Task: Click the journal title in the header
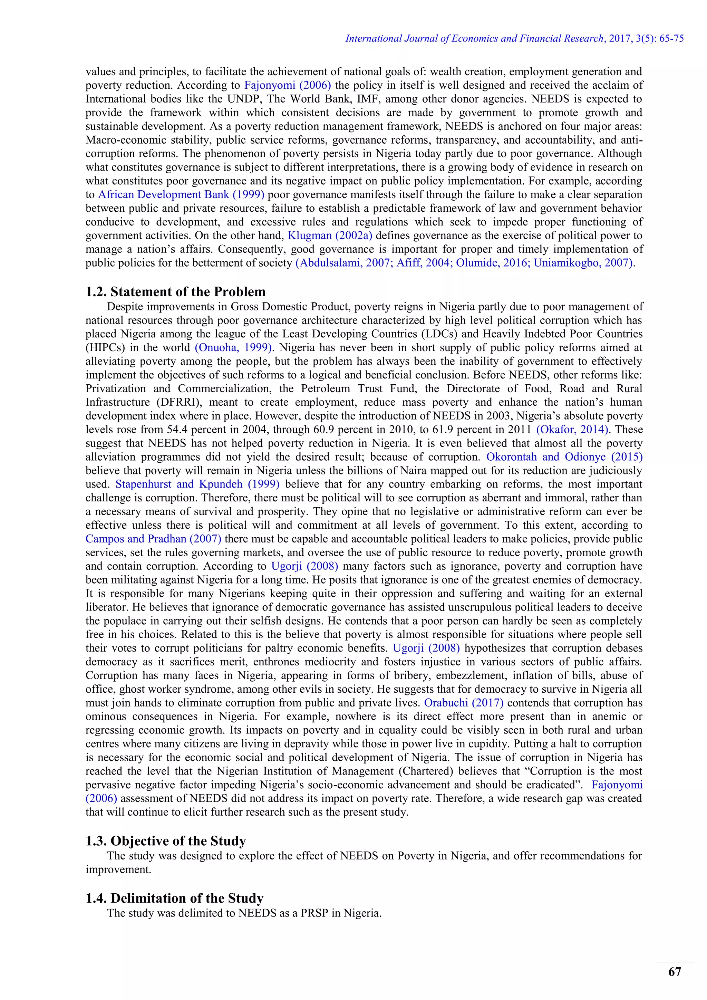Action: pyautogui.click(x=475, y=38)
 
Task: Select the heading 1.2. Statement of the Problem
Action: pyautogui.click(x=175, y=291)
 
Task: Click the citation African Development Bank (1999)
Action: pyautogui.click(x=181, y=195)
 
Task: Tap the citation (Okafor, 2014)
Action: pyautogui.click(x=572, y=430)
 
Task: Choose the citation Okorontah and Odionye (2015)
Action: pyautogui.click(x=564, y=457)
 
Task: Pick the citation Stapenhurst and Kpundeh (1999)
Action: pyautogui.click(x=197, y=484)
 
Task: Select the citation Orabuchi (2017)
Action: pyautogui.click(x=464, y=703)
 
